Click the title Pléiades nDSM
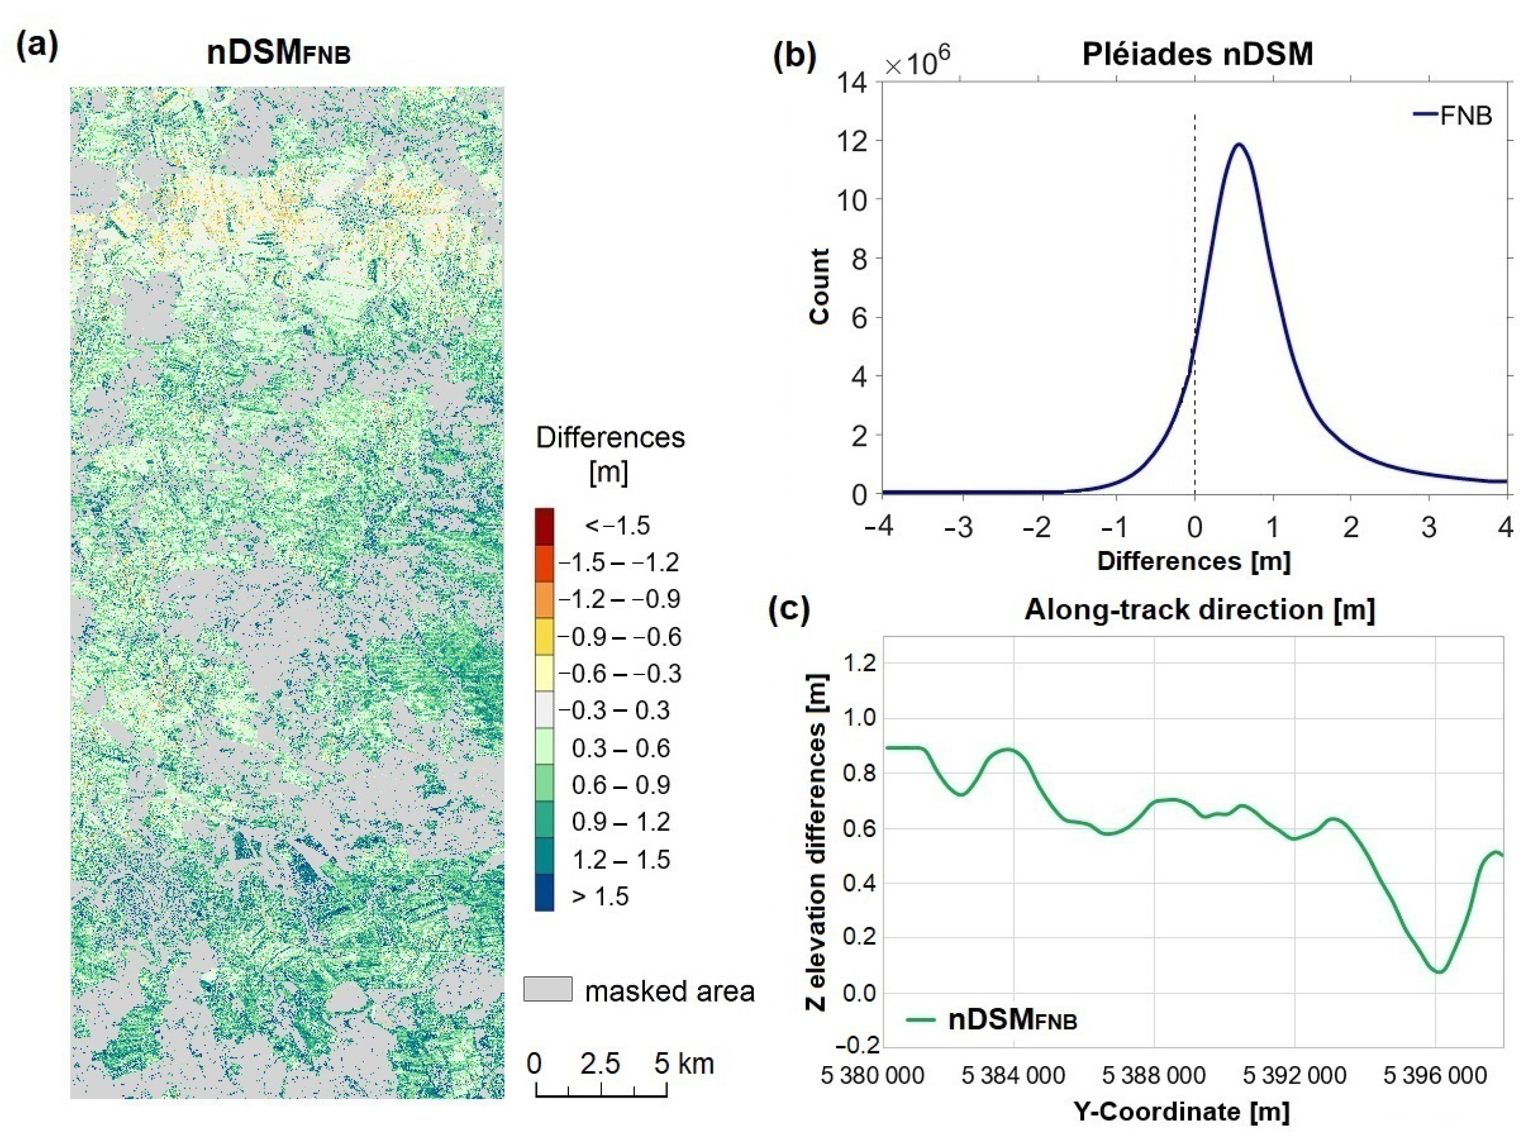(1197, 54)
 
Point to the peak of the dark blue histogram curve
(1239, 144)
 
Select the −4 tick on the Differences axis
(879, 527)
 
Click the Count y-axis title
(819, 287)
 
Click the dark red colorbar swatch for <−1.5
(544, 527)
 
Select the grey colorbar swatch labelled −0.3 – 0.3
(544, 711)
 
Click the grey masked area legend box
(548, 989)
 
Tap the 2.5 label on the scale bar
(600, 1064)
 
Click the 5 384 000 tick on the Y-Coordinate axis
(1013, 1076)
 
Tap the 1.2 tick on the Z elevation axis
(859, 663)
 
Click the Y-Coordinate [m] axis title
(1182, 1112)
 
